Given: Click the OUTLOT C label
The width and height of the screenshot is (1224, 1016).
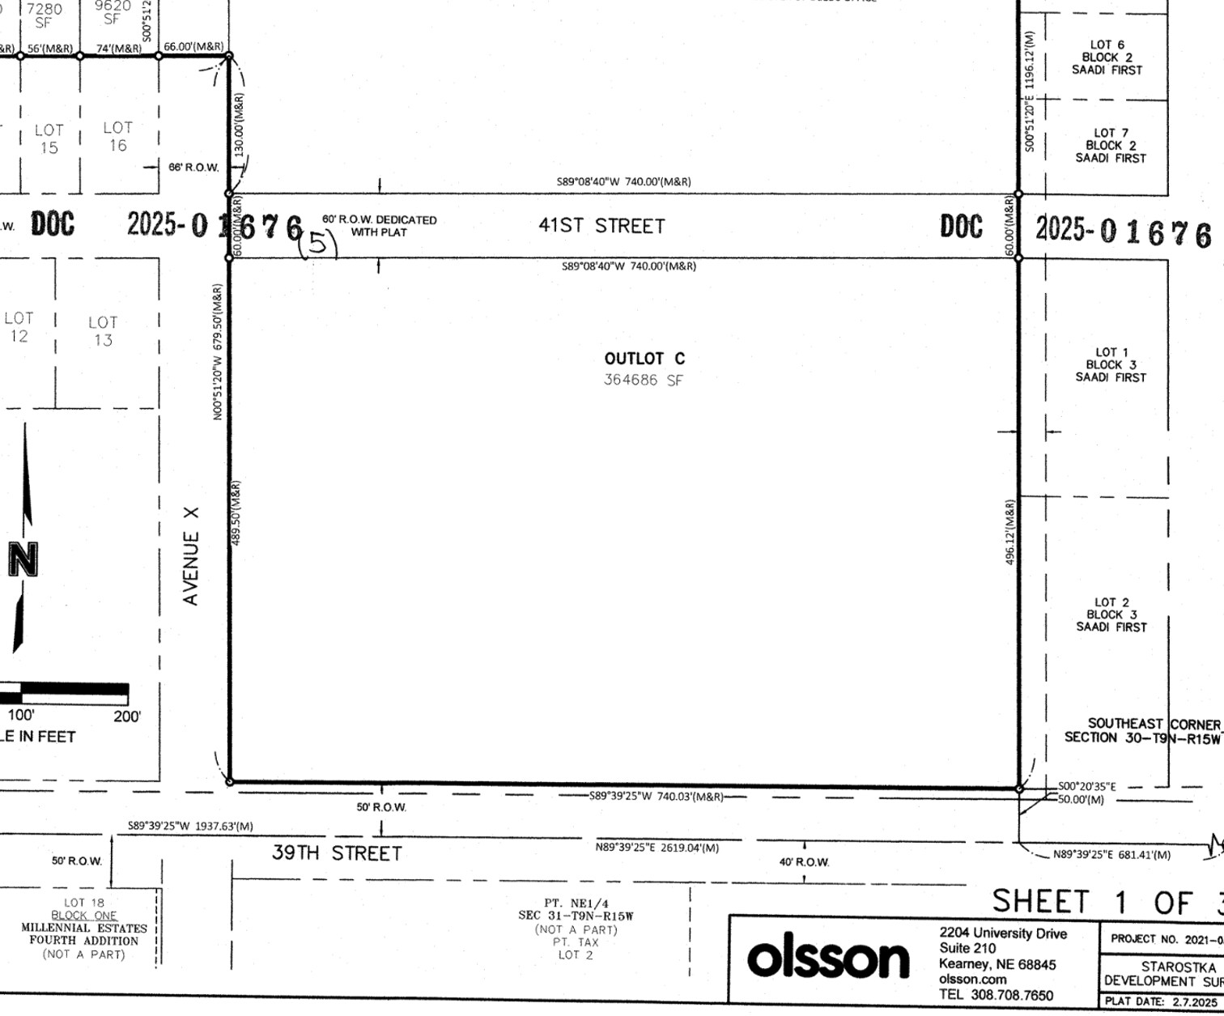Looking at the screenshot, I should coord(644,359).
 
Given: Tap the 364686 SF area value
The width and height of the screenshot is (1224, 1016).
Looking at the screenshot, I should coord(644,380).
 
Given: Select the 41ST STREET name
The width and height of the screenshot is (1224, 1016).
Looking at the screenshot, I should coord(601,226).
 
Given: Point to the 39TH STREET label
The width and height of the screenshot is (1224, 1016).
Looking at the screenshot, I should coord(336,853).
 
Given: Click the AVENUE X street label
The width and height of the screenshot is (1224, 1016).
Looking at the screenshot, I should coord(191,556).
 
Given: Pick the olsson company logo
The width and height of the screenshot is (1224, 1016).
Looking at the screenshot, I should coord(827,959).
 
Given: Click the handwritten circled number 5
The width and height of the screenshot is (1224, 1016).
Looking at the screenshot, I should coord(319,243).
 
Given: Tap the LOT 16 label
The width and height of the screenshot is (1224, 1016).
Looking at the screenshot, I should coord(117,137).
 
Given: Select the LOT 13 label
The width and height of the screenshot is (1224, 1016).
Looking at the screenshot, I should coord(103,331).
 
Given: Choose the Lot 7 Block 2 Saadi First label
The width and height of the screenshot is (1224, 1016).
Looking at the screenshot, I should coord(1110,146).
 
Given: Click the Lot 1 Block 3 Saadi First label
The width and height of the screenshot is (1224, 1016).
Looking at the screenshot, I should coord(1111,364).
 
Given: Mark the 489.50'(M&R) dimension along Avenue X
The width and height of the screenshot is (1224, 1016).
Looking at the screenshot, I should coord(236,512).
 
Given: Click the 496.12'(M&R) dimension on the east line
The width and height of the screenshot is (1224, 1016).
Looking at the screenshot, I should coord(1011,532).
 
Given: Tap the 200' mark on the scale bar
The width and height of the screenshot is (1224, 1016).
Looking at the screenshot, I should coord(126,716).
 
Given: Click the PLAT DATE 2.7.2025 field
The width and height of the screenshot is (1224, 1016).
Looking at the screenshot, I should coord(1161,1002).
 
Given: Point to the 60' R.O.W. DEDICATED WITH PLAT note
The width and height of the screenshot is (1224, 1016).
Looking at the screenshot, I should coord(379,226).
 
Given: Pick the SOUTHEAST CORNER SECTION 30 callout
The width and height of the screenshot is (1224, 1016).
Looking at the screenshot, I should coord(1141,730).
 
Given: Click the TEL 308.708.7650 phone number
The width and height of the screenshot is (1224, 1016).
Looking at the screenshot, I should coord(996,995).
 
